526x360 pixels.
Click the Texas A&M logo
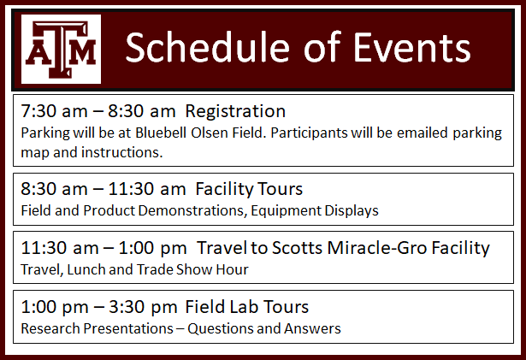click(x=61, y=49)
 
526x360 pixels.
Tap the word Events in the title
click(x=412, y=47)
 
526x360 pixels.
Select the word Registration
click(x=235, y=111)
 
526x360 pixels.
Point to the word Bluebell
click(x=161, y=133)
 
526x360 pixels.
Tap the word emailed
click(x=423, y=133)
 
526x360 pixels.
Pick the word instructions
click(x=122, y=152)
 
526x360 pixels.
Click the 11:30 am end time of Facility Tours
click(x=147, y=189)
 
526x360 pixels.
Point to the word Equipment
click(x=287, y=211)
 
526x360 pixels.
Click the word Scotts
click(x=297, y=248)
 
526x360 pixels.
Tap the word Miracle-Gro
click(x=377, y=248)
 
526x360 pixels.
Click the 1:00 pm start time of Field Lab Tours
click(x=55, y=307)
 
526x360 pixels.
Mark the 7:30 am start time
click(x=54, y=111)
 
